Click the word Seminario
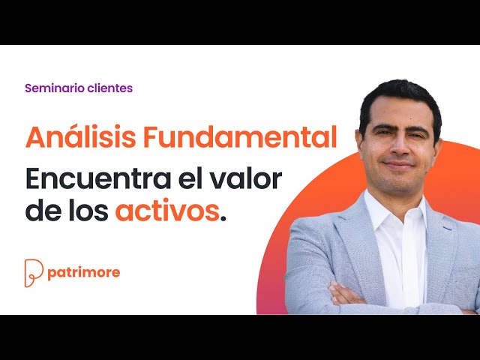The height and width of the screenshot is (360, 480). point(54,88)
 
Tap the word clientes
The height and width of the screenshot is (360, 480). point(109,88)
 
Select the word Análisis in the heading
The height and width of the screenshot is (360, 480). point(79,137)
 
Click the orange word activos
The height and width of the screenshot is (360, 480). point(166,211)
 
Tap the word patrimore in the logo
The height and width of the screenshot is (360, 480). point(83,272)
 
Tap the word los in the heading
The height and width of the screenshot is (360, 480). point(87,211)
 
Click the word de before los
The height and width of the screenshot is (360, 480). point(42,211)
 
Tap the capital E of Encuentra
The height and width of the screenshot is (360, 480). point(34,180)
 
